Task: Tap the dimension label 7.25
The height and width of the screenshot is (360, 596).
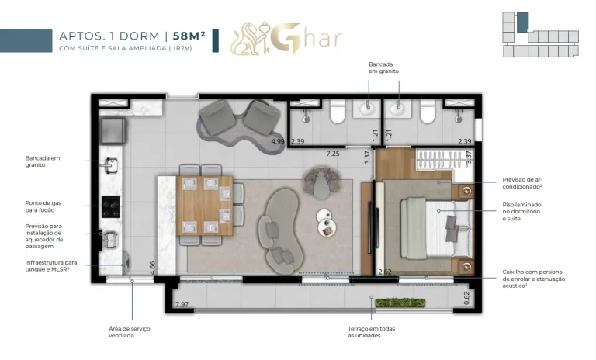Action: [332, 154]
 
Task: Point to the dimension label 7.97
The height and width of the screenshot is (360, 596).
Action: [182, 303]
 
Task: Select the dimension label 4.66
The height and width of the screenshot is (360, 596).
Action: [153, 265]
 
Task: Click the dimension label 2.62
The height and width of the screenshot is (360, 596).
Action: [385, 272]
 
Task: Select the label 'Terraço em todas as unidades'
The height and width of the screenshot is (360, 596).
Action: [371, 332]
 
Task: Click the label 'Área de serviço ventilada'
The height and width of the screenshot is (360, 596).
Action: [130, 332]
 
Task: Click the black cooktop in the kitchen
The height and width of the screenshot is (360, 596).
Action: [110, 206]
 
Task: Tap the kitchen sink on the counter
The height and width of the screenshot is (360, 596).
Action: [109, 164]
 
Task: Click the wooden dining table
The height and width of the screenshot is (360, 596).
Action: [204, 205]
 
